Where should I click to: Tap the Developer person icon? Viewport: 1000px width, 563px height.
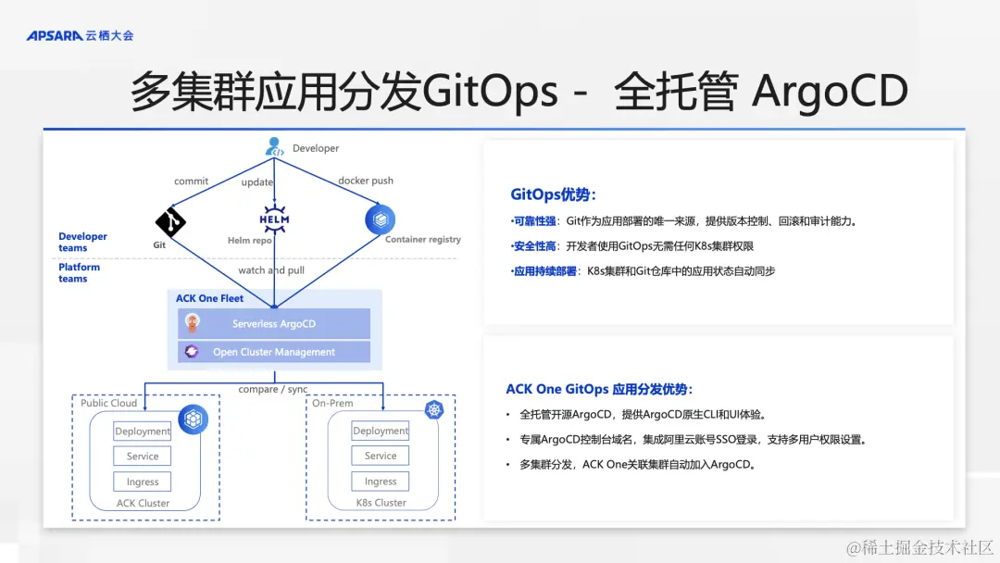tap(274, 146)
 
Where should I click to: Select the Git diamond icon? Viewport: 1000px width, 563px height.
tap(170, 221)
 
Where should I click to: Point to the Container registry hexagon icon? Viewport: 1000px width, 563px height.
tap(380, 219)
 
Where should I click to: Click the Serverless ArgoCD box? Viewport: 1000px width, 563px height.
tap(273, 324)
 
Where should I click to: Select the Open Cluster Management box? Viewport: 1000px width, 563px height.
tap(273, 352)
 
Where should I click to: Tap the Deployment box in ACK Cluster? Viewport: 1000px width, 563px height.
tap(143, 431)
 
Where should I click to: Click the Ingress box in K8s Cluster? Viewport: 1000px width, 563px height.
tap(381, 482)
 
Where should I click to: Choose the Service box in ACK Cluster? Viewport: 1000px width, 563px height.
tap(143, 457)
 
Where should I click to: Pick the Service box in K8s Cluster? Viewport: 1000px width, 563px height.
tap(381, 456)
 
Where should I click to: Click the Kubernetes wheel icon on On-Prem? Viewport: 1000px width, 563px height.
tap(434, 409)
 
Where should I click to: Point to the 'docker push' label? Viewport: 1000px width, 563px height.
tap(366, 181)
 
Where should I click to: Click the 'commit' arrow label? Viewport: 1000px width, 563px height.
tap(191, 181)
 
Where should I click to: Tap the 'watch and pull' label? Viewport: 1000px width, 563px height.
tap(271, 270)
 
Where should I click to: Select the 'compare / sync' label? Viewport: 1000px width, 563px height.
tap(273, 390)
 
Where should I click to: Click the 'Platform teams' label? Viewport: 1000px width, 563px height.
tap(79, 272)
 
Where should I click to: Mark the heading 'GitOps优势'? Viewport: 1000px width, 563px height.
tap(553, 194)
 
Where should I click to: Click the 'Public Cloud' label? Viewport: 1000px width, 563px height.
tap(108, 404)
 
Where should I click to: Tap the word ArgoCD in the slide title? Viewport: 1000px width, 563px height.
tap(830, 93)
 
